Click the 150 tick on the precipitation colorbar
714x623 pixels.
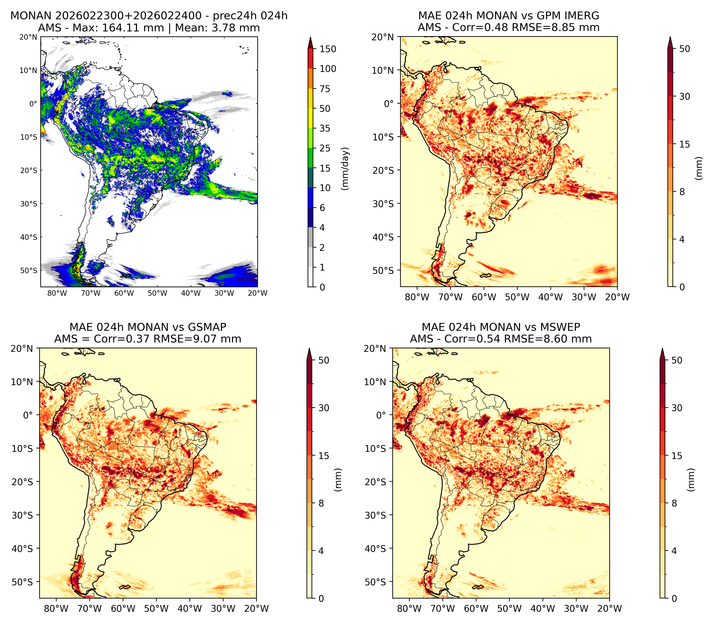328,49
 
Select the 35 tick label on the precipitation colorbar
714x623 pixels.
325,128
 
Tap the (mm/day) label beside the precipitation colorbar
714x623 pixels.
345,169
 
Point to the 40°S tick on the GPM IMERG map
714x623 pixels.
383,237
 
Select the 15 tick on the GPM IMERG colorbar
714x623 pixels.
685,144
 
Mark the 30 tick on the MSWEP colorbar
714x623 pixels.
677,408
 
